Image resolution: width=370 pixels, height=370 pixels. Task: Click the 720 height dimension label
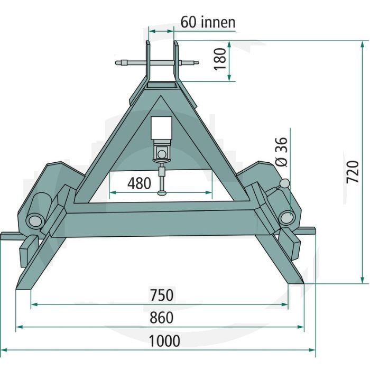coord(353,172)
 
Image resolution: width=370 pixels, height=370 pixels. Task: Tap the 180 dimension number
coord(220,59)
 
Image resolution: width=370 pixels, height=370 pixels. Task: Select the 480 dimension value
coord(139,183)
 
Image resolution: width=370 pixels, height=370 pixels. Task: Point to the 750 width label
coord(162,295)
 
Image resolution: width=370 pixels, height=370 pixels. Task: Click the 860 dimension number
coord(162,317)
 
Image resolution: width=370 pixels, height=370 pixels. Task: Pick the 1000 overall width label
coord(164,341)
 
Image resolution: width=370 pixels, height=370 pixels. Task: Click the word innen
coord(218,22)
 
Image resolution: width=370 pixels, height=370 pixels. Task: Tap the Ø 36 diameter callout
coord(282,152)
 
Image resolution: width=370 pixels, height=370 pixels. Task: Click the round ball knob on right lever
coord(284,183)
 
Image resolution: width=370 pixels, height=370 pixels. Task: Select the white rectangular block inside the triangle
coord(161,128)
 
